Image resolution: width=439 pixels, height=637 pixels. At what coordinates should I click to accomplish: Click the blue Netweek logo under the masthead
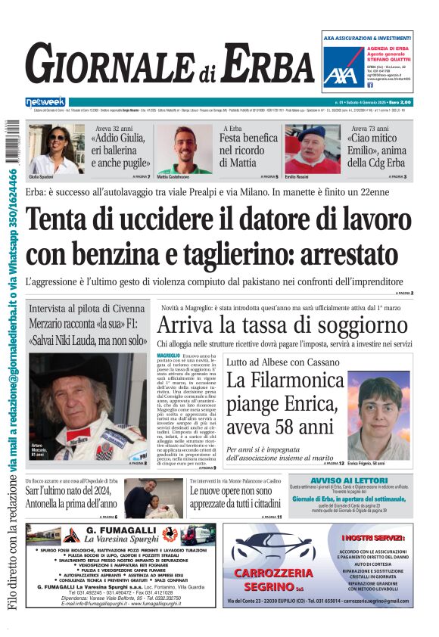coord(45,101)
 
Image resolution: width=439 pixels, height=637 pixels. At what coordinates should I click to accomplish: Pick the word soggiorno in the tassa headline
coord(367,326)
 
